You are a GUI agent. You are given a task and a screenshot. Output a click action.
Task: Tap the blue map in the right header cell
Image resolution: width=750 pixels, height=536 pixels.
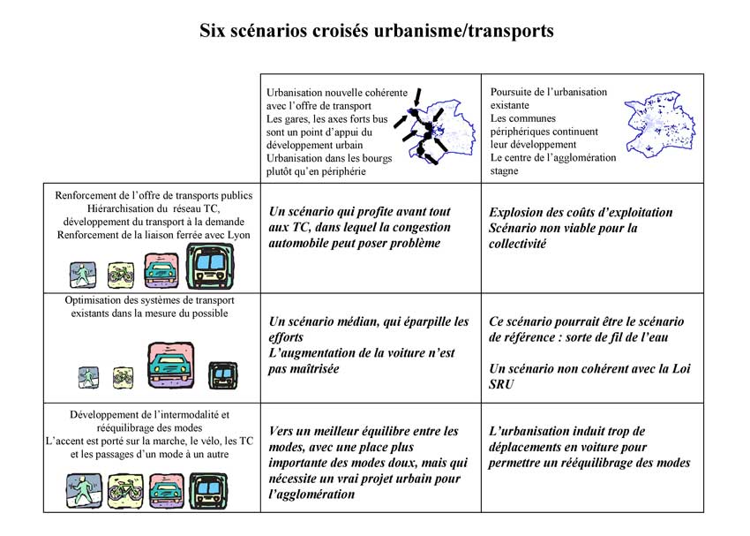tap(658, 123)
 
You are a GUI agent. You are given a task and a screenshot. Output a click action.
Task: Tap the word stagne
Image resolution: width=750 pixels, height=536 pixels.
tap(505, 171)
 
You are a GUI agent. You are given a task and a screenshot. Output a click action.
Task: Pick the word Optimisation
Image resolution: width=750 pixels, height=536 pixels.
tap(99, 300)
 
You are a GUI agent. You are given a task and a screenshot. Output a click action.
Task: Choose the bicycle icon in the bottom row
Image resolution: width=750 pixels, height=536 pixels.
tap(124, 489)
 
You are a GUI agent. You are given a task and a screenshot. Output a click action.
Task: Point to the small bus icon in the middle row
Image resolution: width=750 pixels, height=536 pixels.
tap(222, 376)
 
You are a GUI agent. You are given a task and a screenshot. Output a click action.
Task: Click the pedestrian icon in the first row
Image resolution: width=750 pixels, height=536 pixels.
tap(84, 274)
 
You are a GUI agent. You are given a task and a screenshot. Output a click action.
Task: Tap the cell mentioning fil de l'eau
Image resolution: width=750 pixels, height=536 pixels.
tap(591, 353)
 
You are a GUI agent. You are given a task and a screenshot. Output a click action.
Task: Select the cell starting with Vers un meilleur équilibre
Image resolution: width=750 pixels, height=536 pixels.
tap(370, 462)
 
